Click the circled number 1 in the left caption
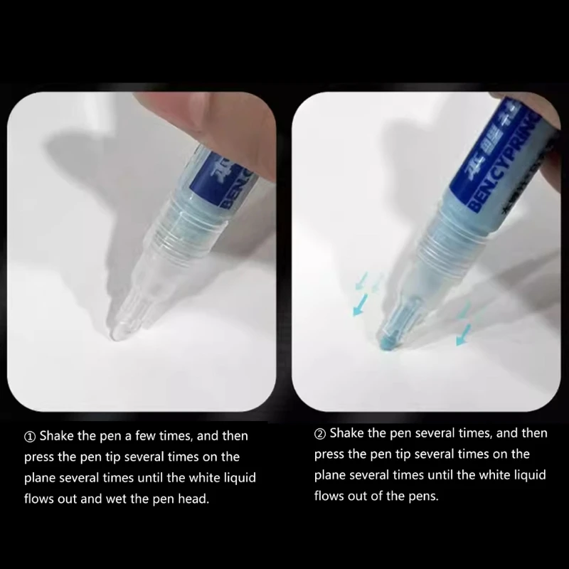[31, 436]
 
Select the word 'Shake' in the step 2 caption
[346, 433]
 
